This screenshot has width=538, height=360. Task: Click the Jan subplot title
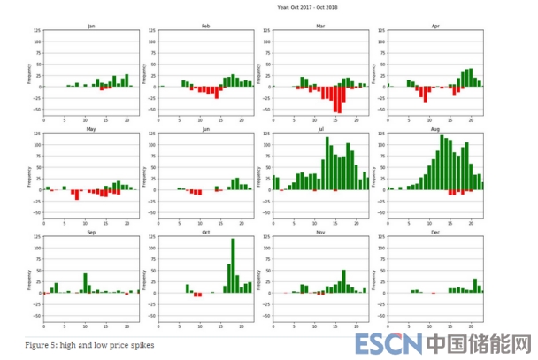[x=91, y=27]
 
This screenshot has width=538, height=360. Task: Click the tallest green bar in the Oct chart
[x=233, y=265]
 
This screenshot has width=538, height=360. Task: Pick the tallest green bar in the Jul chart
[x=327, y=163]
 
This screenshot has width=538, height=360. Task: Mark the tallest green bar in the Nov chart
[x=343, y=281]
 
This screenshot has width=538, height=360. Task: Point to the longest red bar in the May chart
[x=77, y=195]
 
